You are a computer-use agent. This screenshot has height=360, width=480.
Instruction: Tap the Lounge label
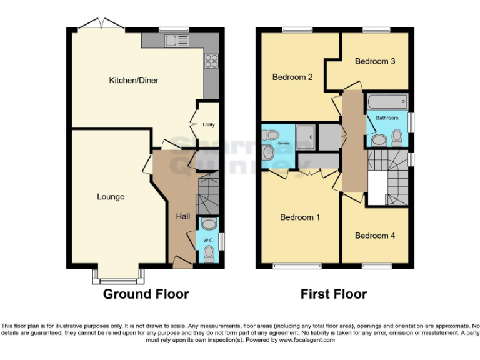point(111,197)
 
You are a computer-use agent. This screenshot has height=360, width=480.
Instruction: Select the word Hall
point(183,216)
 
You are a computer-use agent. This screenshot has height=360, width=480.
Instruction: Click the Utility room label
point(208,125)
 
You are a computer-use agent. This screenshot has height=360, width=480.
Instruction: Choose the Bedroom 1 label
point(300,217)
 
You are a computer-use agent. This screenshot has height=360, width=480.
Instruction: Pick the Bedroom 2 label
point(292,77)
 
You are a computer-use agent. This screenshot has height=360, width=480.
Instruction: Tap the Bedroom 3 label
point(375,61)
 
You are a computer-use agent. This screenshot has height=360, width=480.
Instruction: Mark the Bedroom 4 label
point(375,236)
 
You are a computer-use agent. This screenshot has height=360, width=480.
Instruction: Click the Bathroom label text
point(387,118)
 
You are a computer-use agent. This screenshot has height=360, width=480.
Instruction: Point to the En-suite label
point(284,144)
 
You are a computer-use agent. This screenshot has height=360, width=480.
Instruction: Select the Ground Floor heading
point(146,294)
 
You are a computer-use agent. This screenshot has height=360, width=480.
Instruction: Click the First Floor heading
point(334,294)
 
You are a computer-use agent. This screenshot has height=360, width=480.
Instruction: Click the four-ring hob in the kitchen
point(211,61)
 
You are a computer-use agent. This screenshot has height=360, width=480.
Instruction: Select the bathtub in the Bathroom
point(387,102)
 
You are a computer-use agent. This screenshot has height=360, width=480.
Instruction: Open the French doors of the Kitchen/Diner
point(101,25)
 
